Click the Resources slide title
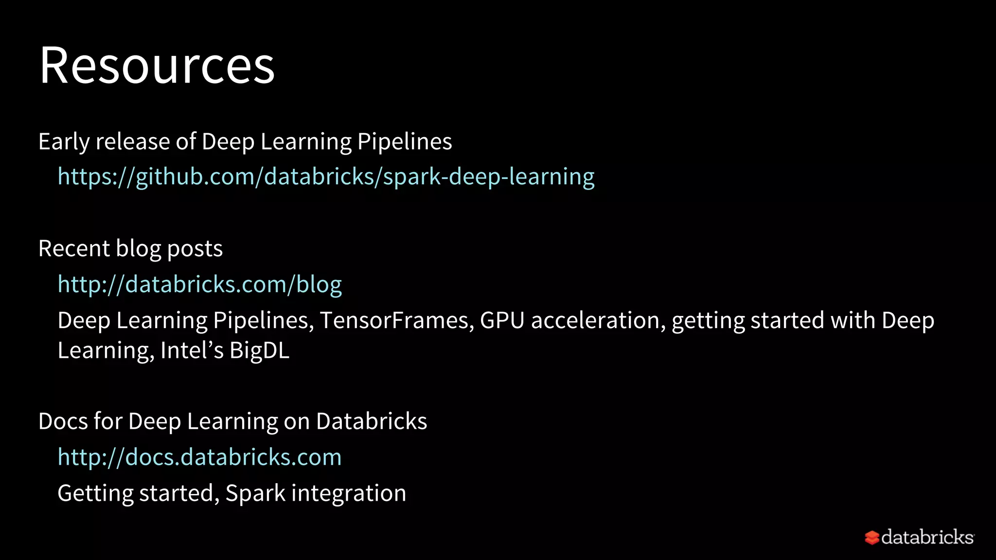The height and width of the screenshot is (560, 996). tap(157, 66)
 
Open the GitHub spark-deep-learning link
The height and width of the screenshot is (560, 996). tap(326, 176)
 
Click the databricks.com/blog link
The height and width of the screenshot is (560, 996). tap(199, 284)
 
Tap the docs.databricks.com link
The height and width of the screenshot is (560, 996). tap(199, 457)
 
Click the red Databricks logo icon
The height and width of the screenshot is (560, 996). tap(871, 538)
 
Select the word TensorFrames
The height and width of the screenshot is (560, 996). tap(396, 321)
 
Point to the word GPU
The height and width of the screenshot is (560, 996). tap(502, 321)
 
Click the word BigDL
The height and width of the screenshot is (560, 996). tap(259, 350)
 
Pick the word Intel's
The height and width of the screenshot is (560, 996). tap(192, 350)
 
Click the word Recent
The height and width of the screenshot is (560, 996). tap(74, 249)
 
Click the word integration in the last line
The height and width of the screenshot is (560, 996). tap(349, 493)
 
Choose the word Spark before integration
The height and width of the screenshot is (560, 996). tap(255, 493)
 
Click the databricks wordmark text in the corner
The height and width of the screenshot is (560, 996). tap(927, 537)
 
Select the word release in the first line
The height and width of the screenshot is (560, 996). tap(132, 142)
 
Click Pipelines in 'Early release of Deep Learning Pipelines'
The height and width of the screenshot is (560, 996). tap(405, 142)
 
